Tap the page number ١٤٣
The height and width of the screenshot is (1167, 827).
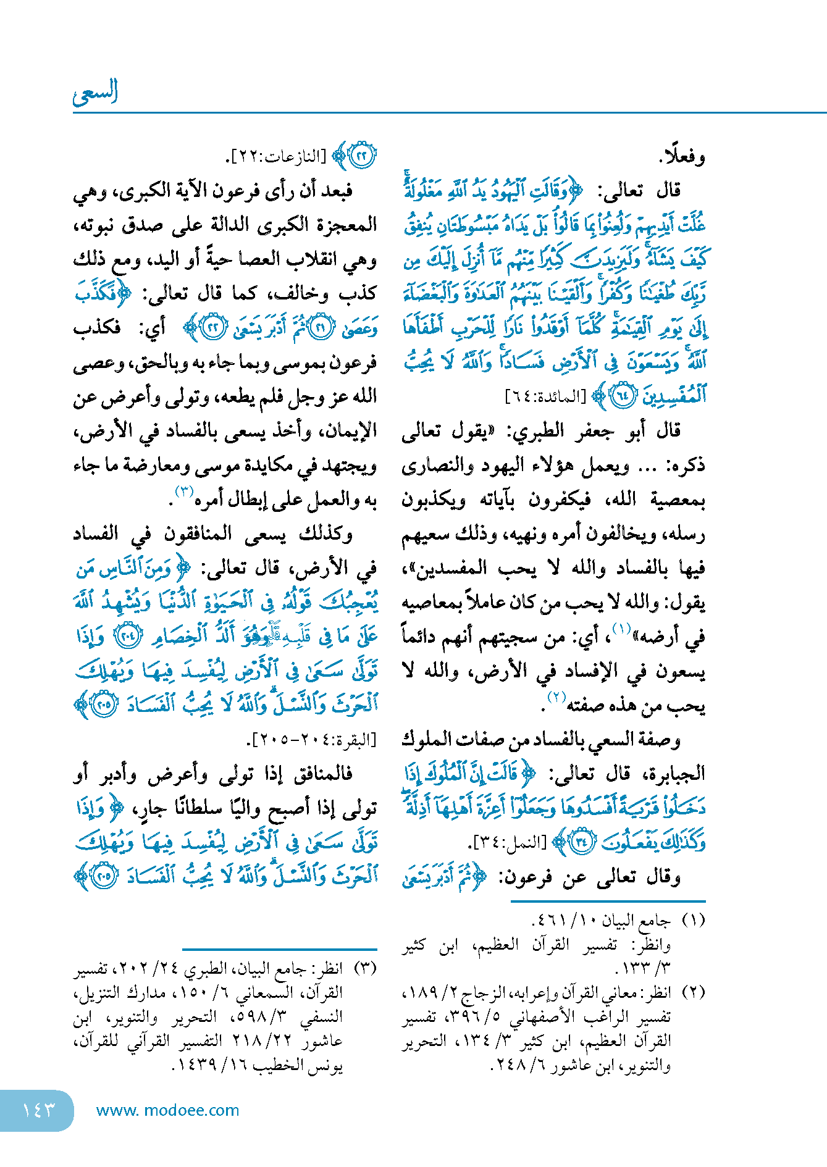pos(38,1110)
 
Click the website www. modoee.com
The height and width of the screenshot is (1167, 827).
pos(167,1110)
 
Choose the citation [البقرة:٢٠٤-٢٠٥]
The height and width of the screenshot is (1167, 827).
pos(312,739)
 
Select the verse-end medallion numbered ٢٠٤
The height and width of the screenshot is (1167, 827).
pos(130,637)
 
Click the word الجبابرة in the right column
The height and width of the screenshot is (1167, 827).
pos(674,774)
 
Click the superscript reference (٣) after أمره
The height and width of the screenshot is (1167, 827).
pos(184,492)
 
